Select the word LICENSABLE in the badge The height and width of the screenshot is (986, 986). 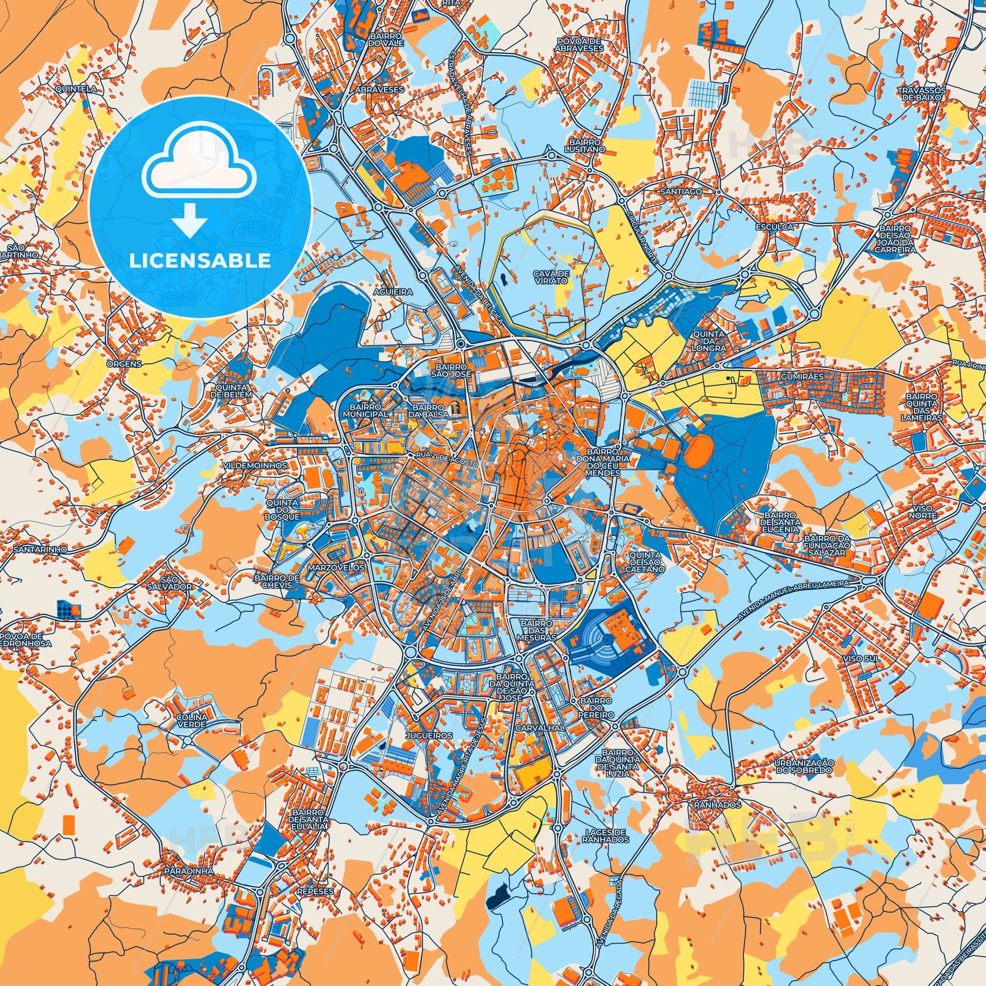click(200, 261)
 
